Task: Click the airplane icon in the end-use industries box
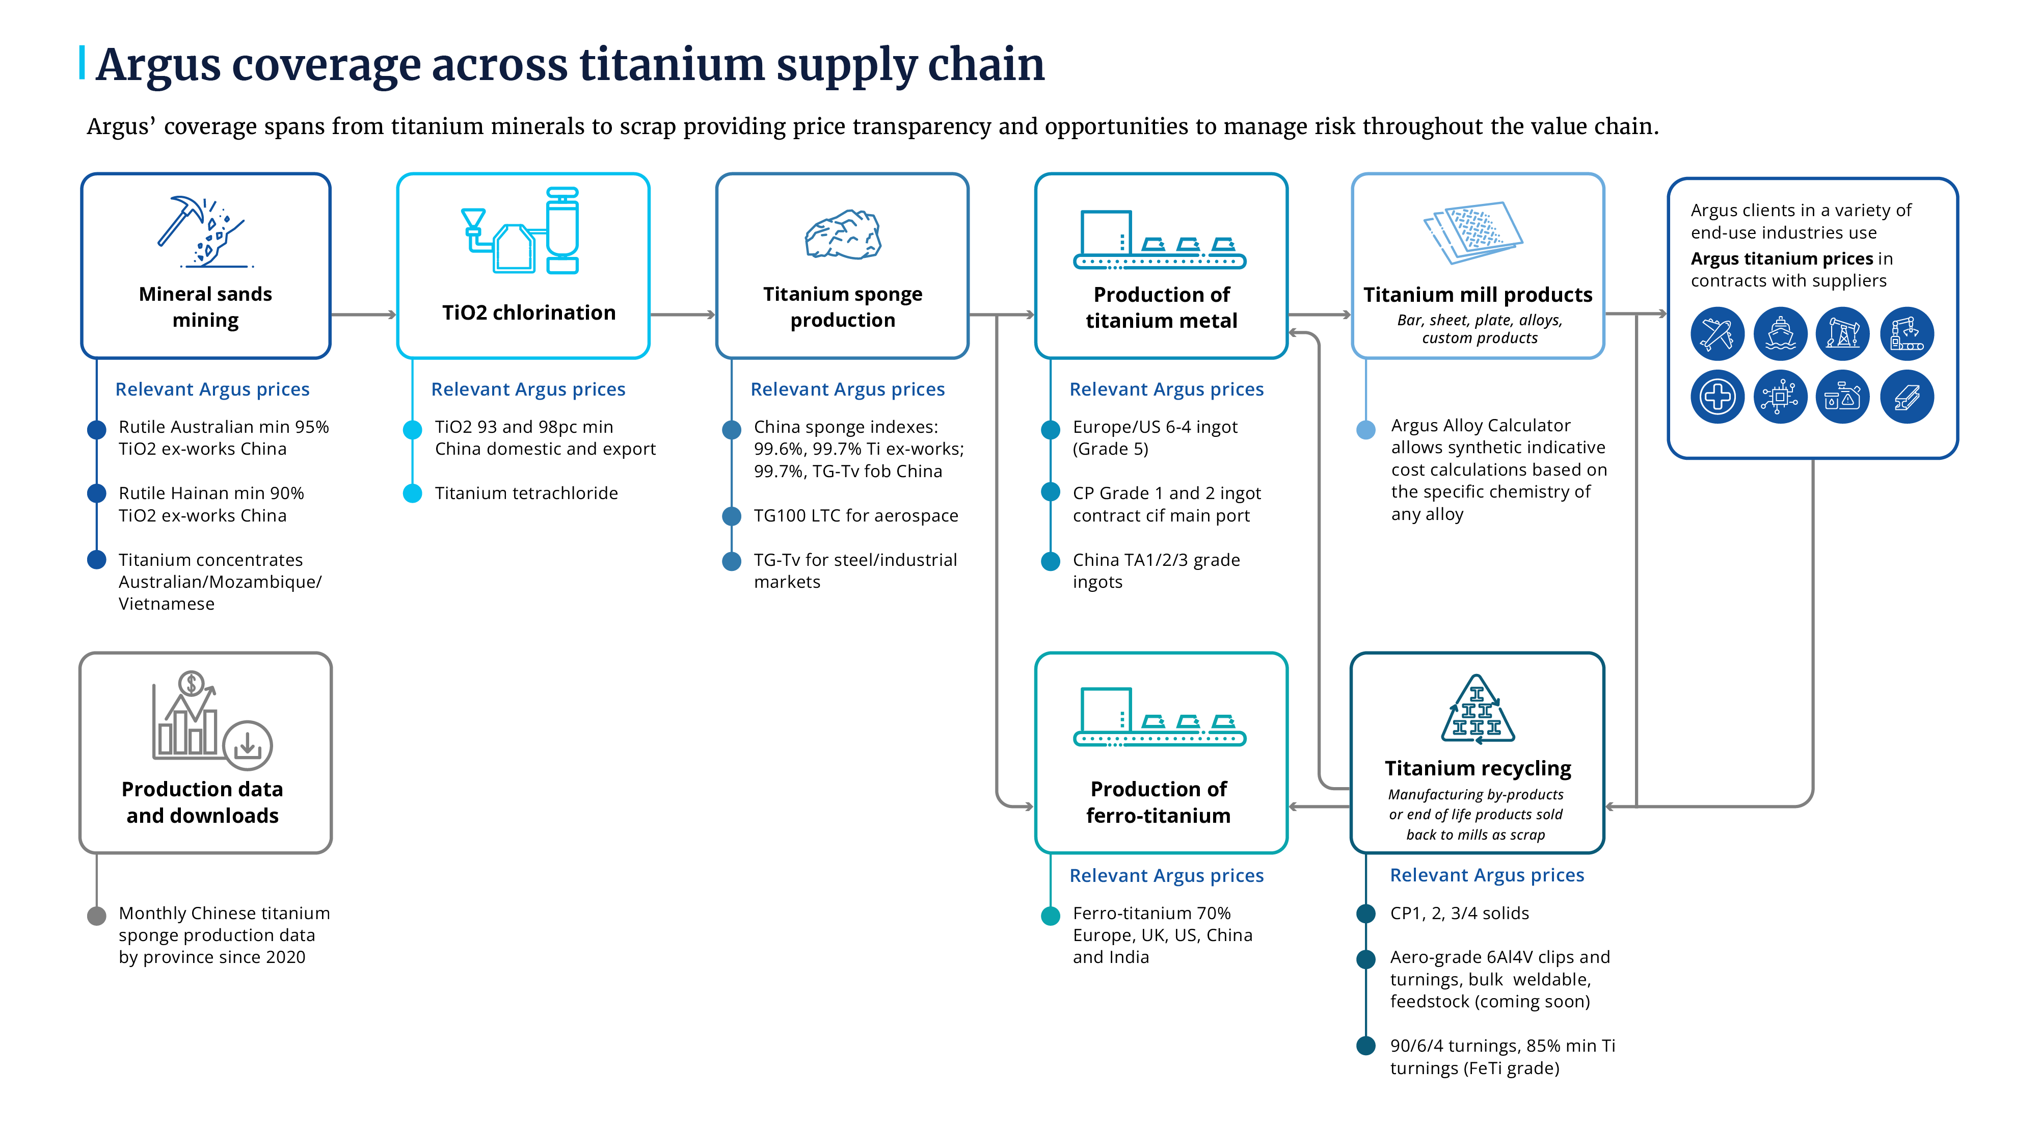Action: pos(1717,334)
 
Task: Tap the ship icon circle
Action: pos(1780,334)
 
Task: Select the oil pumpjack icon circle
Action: pos(1842,334)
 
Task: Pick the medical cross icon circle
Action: pos(1717,397)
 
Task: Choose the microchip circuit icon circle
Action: pos(1780,397)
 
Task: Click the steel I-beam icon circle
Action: pos(1907,397)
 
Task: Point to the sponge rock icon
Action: pos(843,235)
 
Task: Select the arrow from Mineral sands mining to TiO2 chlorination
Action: pos(363,315)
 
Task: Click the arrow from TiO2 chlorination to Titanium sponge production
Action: pos(682,315)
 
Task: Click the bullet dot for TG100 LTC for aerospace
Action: pos(732,516)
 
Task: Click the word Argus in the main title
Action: pos(158,65)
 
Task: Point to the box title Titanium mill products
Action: pos(1477,295)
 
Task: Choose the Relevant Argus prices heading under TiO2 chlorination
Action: pos(528,389)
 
